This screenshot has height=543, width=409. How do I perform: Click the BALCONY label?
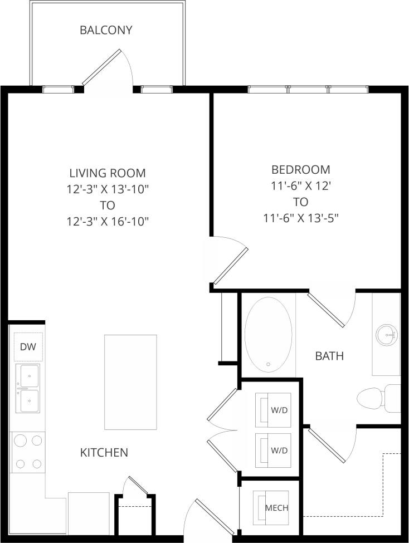106,30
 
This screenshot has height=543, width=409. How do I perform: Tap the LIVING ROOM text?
108,173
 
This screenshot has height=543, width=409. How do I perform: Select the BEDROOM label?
300,169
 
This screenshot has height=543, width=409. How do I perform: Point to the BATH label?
329,356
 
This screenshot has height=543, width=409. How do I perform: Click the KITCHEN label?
104,453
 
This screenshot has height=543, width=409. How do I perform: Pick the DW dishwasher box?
28,347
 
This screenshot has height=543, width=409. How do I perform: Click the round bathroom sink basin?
386,335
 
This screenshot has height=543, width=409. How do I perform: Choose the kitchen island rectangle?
130,382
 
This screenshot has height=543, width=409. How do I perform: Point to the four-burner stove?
28,452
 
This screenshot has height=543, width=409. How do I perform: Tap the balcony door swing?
109,70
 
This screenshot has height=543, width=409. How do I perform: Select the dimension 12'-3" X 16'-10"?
108,221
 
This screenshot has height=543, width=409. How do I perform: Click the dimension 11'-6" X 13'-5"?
301,218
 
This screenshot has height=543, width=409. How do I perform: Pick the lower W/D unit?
273,450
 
